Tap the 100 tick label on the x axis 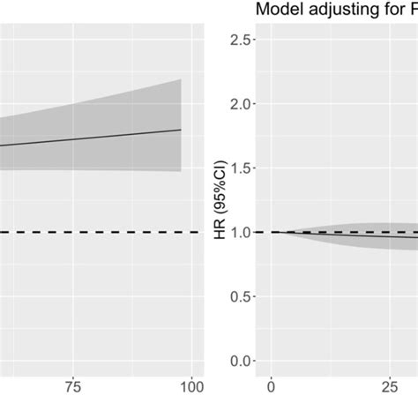coord(191,384)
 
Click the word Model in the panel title coord(277,11)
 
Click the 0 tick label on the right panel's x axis coord(272,384)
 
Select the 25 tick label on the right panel coord(387,384)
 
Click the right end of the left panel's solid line coord(181,130)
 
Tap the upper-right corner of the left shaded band coord(181,80)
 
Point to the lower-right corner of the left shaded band coord(181,171)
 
